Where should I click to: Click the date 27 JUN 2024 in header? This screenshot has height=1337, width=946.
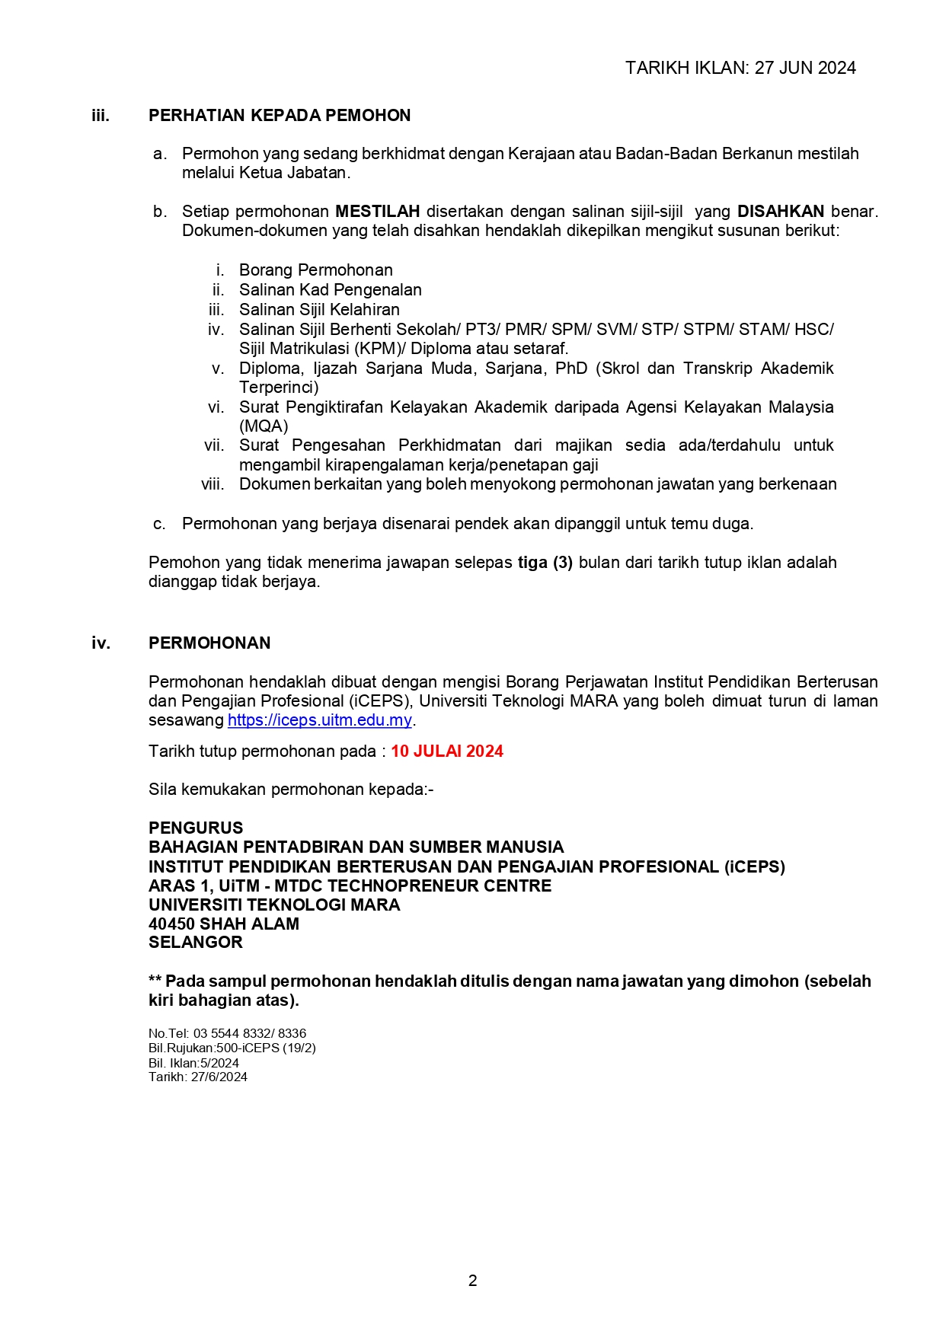(805, 68)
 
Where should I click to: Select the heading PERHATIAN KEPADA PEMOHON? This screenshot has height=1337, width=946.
(280, 116)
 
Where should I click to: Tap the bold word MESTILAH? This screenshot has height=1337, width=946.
(377, 212)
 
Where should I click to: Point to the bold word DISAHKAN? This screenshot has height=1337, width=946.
(780, 212)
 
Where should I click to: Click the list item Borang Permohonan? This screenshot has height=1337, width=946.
(315, 270)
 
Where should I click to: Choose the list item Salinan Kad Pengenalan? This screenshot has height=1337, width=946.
(330, 290)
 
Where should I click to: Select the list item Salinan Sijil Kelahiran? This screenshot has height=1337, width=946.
(319, 310)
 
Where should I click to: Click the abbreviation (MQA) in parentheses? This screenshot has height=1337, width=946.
(264, 426)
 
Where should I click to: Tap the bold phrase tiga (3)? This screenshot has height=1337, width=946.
(545, 563)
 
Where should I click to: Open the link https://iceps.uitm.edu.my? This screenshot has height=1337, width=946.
(319, 720)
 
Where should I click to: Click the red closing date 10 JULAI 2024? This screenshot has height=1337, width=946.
(447, 751)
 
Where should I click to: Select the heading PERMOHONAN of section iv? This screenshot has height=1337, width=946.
(209, 643)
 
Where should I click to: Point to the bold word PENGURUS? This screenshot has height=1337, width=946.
(196, 828)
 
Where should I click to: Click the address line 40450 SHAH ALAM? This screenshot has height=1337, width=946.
(224, 924)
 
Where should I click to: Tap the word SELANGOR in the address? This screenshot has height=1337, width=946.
(196, 943)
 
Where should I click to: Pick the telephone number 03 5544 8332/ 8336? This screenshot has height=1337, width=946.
(250, 1034)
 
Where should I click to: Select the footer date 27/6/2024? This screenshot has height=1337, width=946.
(219, 1077)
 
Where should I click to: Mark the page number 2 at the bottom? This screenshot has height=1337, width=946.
(473, 1281)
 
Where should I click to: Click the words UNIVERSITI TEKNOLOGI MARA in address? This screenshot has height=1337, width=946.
(274, 905)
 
